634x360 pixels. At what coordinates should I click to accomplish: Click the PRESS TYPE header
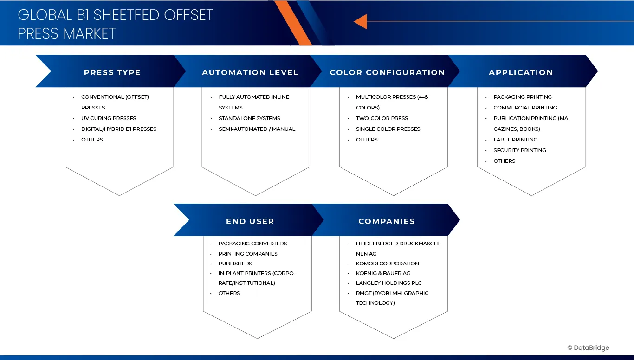[112, 72]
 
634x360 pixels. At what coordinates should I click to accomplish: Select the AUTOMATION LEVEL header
[250, 72]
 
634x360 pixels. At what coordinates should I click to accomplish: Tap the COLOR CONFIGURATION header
[387, 72]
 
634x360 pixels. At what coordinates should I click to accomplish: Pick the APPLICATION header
[521, 72]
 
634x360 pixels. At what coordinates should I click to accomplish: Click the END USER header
[250, 221]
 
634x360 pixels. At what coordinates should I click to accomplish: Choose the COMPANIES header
[386, 221]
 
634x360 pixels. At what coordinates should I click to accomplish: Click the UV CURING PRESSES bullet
[109, 118]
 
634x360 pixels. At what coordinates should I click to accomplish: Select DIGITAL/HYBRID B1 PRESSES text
[119, 129]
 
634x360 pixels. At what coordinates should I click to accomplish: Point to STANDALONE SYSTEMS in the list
[249, 118]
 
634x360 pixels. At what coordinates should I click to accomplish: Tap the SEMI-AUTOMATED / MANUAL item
[257, 129]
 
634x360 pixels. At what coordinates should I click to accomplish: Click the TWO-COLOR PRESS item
[382, 118]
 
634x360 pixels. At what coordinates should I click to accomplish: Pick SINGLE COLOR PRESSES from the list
[388, 129]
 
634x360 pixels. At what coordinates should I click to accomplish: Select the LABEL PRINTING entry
[515, 140]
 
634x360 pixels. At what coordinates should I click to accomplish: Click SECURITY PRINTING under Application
[519, 150]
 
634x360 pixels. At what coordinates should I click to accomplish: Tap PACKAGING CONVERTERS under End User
[252, 244]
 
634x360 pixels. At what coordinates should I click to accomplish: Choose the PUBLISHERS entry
[235, 264]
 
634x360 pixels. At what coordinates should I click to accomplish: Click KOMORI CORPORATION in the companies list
[387, 264]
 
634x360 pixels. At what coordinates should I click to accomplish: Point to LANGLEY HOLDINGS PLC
[388, 283]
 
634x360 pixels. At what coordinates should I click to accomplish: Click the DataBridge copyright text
[588, 348]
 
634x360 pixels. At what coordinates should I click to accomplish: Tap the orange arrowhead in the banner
[361, 21]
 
